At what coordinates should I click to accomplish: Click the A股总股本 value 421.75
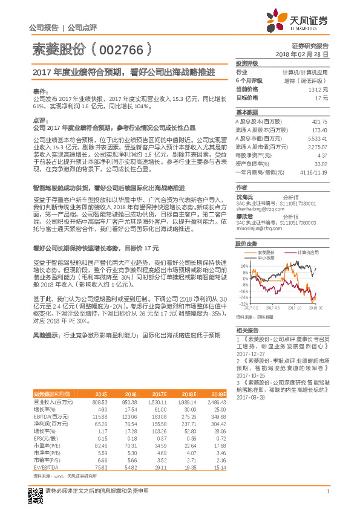click(319, 122)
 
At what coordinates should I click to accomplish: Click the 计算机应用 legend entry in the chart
click(310, 252)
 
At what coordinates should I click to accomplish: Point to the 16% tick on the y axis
click(244, 265)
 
